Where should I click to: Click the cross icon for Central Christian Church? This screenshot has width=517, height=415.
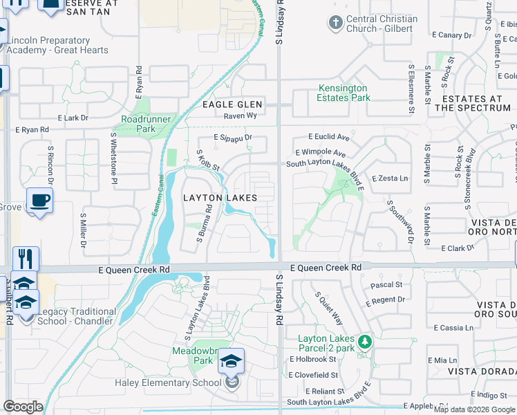pyautogui.click(x=336, y=24)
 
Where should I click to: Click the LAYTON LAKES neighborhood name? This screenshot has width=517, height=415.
pyautogui.click(x=220, y=198)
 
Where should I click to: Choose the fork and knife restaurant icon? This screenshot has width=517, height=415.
pyautogui.click(x=26, y=259)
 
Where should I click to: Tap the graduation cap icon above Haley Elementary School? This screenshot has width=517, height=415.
pyautogui.click(x=232, y=361)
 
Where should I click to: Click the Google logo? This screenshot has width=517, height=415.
pyautogui.click(x=23, y=407)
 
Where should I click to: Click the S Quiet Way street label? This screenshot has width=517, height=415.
pyautogui.click(x=329, y=308)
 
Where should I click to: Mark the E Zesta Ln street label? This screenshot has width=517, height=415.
pyautogui.click(x=389, y=178)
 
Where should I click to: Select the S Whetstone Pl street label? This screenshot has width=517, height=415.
pyautogui.click(x=115, y=160)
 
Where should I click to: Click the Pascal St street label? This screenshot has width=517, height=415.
pyautogui.click(x=386, y=284)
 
